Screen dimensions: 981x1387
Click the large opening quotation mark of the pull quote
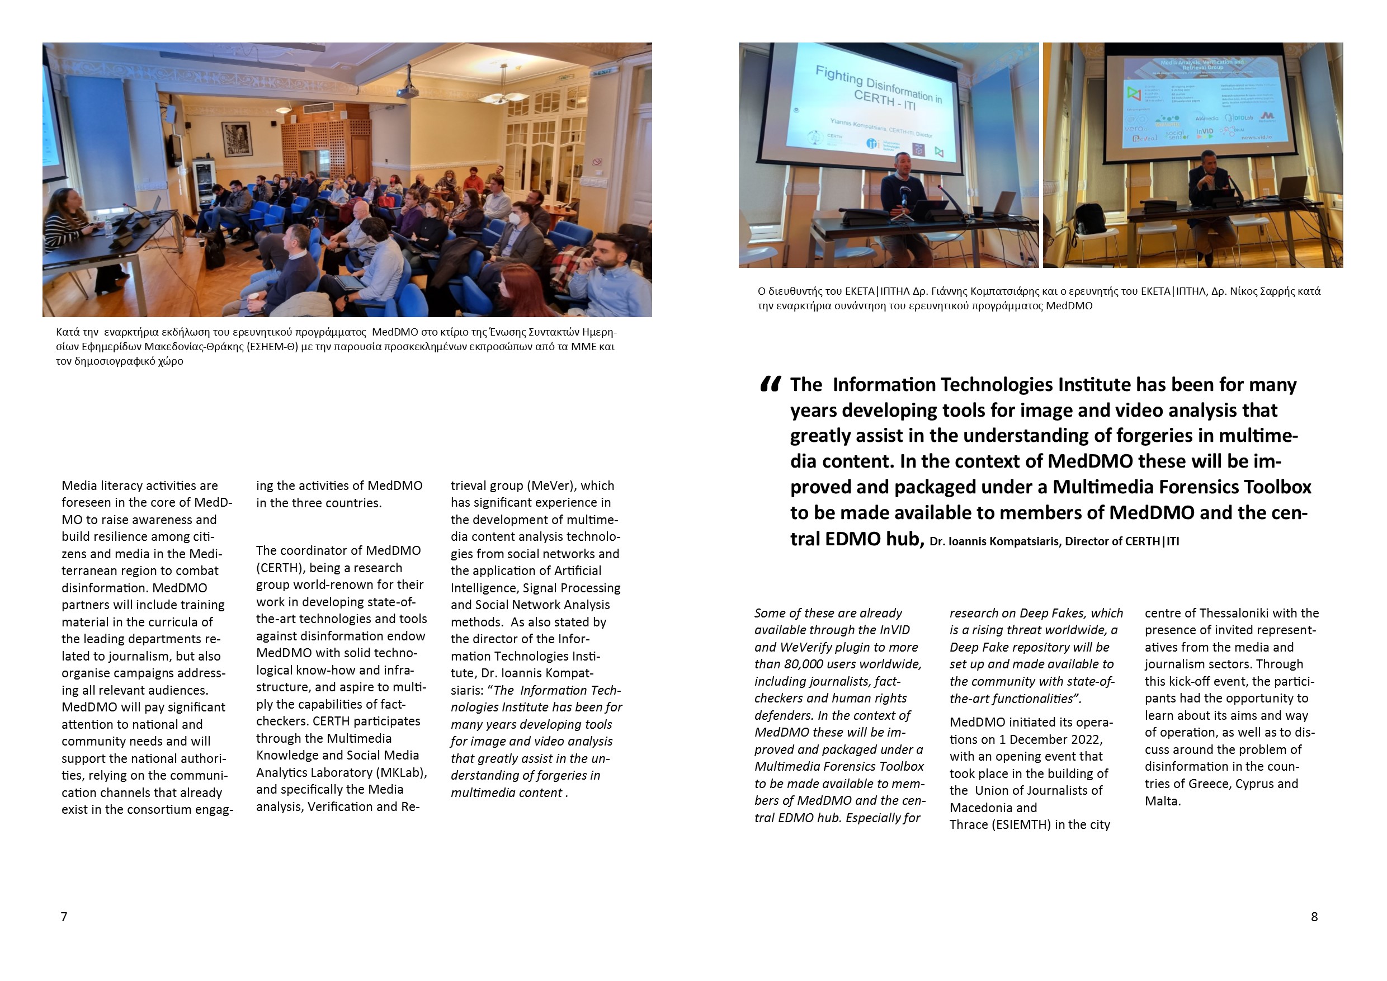770,384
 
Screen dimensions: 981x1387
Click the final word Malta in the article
1161,801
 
